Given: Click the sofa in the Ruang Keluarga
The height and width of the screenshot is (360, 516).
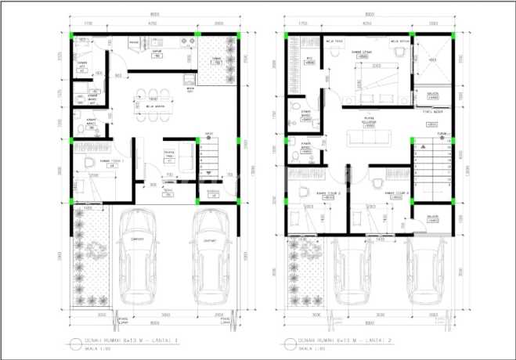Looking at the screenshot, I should click(366, 138).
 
